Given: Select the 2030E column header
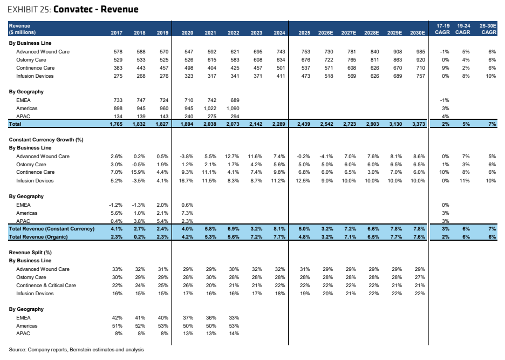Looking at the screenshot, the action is pyautogui.click(x=418, y=32).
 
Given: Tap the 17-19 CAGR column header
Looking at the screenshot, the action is pyautogui.click(x=443, y=29).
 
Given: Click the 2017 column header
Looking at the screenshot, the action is pyautogui.click(x=117, y=32).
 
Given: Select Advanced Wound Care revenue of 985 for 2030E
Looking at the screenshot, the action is pyautogui.click(x=421, y=52).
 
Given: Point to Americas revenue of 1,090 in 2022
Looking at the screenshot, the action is pyautogui.click(x=233, y=108).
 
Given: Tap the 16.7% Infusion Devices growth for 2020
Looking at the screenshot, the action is pyautogui.click(x=186, y=180).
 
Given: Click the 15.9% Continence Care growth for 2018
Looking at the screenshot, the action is pyautogui.click(x=138, y=172).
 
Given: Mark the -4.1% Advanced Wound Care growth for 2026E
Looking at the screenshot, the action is pyautogui.click(x=326, y=157).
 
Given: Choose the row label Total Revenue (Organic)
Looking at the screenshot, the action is pyautogui.click(x=38, y=237).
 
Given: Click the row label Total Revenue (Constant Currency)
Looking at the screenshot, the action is pyautogui.click(x=52, y=229).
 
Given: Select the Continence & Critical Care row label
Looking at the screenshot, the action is pyautogui.click(x=46, y=285).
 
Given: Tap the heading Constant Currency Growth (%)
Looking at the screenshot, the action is pyautogui.click(x=46, y=140).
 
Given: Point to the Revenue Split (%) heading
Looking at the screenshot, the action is pyautogui.click(x=30, y=253).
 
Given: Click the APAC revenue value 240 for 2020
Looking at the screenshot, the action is pyautogui.click(x=189, y=117).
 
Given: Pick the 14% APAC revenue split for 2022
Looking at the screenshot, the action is pyautogui.click(x=234, y=334).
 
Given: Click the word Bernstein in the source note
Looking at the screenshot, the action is pyautogui.click(x=80, y=350).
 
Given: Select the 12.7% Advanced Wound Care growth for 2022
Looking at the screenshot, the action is pyautogui.click(x=232, y=157).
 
